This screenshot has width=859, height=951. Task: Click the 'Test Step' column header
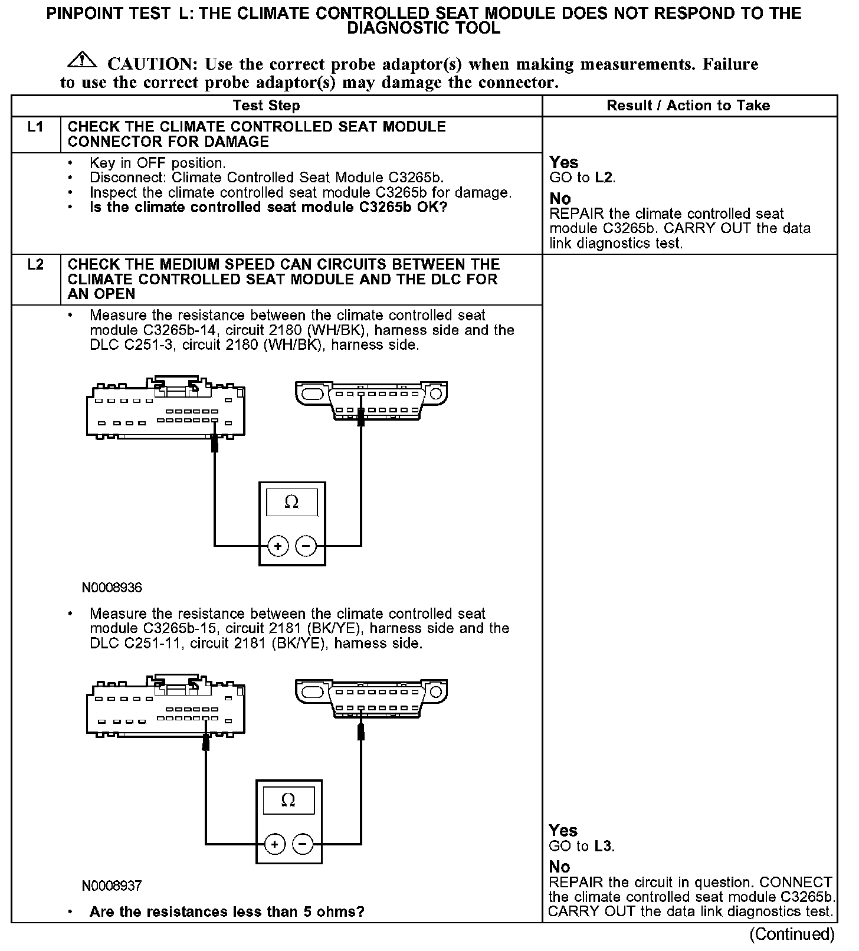[266, 106]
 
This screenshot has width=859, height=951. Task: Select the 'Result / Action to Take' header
[688, 106]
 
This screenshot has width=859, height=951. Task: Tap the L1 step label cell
[36, 127]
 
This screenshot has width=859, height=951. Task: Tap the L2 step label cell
[36, 265]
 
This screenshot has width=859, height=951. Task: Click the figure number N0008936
[112, 588]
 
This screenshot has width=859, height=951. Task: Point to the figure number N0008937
[112, 886]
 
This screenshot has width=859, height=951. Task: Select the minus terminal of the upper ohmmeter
[306, 546]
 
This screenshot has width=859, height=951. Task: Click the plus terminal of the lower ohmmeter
[274, 844]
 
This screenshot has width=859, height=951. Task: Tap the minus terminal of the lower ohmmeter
[302, 844]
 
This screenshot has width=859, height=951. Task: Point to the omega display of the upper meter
[291, 503]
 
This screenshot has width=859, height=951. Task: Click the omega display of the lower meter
[288, 801]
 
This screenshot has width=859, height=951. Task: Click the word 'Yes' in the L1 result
[563, 162]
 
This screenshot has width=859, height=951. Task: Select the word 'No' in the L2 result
[559, 867]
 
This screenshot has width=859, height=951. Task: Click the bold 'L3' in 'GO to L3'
[602, 846]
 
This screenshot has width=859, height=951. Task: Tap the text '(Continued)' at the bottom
[792, 934]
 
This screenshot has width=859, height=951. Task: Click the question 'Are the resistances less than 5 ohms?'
[227, 911]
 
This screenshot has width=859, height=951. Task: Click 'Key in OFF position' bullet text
[158, 163]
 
